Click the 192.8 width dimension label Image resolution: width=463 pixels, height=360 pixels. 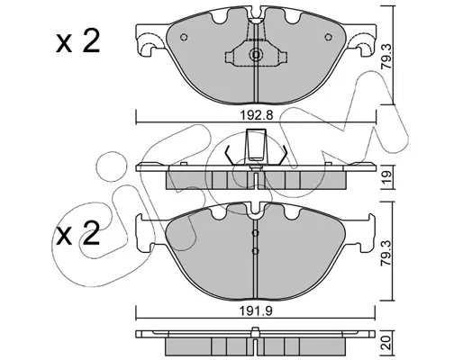(257, 115)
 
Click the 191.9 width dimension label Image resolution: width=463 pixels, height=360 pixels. (256, 311)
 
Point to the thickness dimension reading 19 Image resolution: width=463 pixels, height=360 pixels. (387, 177)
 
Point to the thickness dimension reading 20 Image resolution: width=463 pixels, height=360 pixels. (387, 342)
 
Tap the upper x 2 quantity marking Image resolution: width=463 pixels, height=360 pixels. (77, 42)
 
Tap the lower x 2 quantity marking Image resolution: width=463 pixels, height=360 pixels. (77, 234)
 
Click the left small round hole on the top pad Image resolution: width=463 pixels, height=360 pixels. (184, 37)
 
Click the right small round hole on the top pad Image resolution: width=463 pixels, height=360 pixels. (329, 37)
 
